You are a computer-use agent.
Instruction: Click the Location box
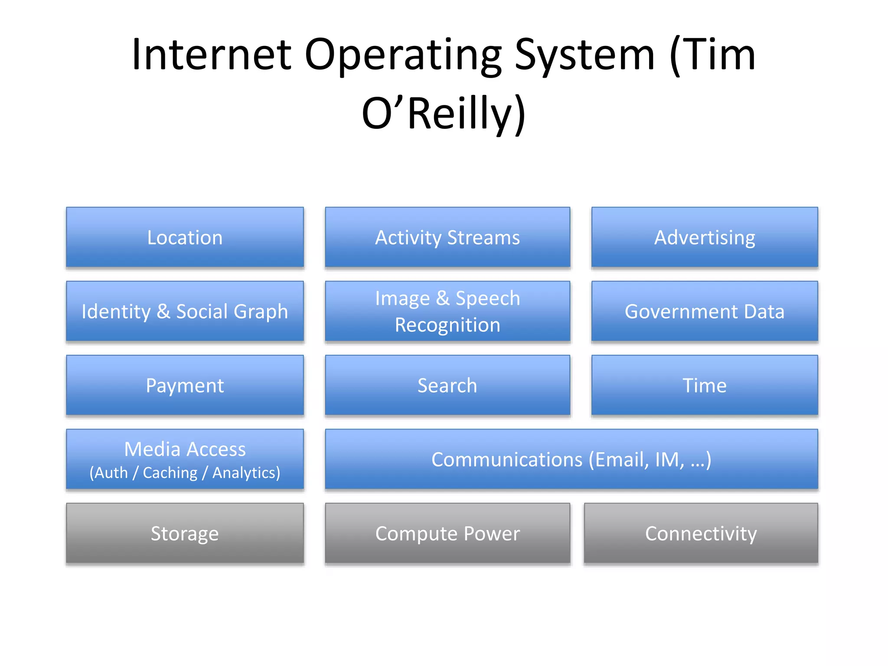pyautogui.click(x=185, y=237)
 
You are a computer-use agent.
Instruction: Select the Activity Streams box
pyautogui.click(x=447, y=237)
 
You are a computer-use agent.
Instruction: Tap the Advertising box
pyautogui.click(x=705, y=237)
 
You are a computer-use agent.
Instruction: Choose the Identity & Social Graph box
pyautogui.click(x=185, y=311)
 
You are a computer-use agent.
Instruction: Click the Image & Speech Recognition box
pyautogui.click(x=447, y=311)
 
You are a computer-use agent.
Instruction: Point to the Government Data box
pyautogui.click(x=705, y=311)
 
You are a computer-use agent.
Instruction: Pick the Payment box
pyautogui.click(x=185, y=385)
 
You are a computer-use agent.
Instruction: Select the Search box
pyautogui.click(x=447, y=385)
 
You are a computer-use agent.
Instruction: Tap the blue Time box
pyautogui.click(x=705, y=385)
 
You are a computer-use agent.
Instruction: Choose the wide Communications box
pyautogui.click(x=571, y=460)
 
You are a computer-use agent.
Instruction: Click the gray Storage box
pyautogui.click(x=185, y=533)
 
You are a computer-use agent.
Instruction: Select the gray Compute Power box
pyautogui.click(x=447, y=533)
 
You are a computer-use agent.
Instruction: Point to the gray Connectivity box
pyautogui.click(x=701, y=533)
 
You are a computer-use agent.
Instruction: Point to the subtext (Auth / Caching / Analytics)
pyautogui.click(x=185, y=473)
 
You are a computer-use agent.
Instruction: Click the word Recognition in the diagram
pyautogui.click(x=447, y=325)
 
